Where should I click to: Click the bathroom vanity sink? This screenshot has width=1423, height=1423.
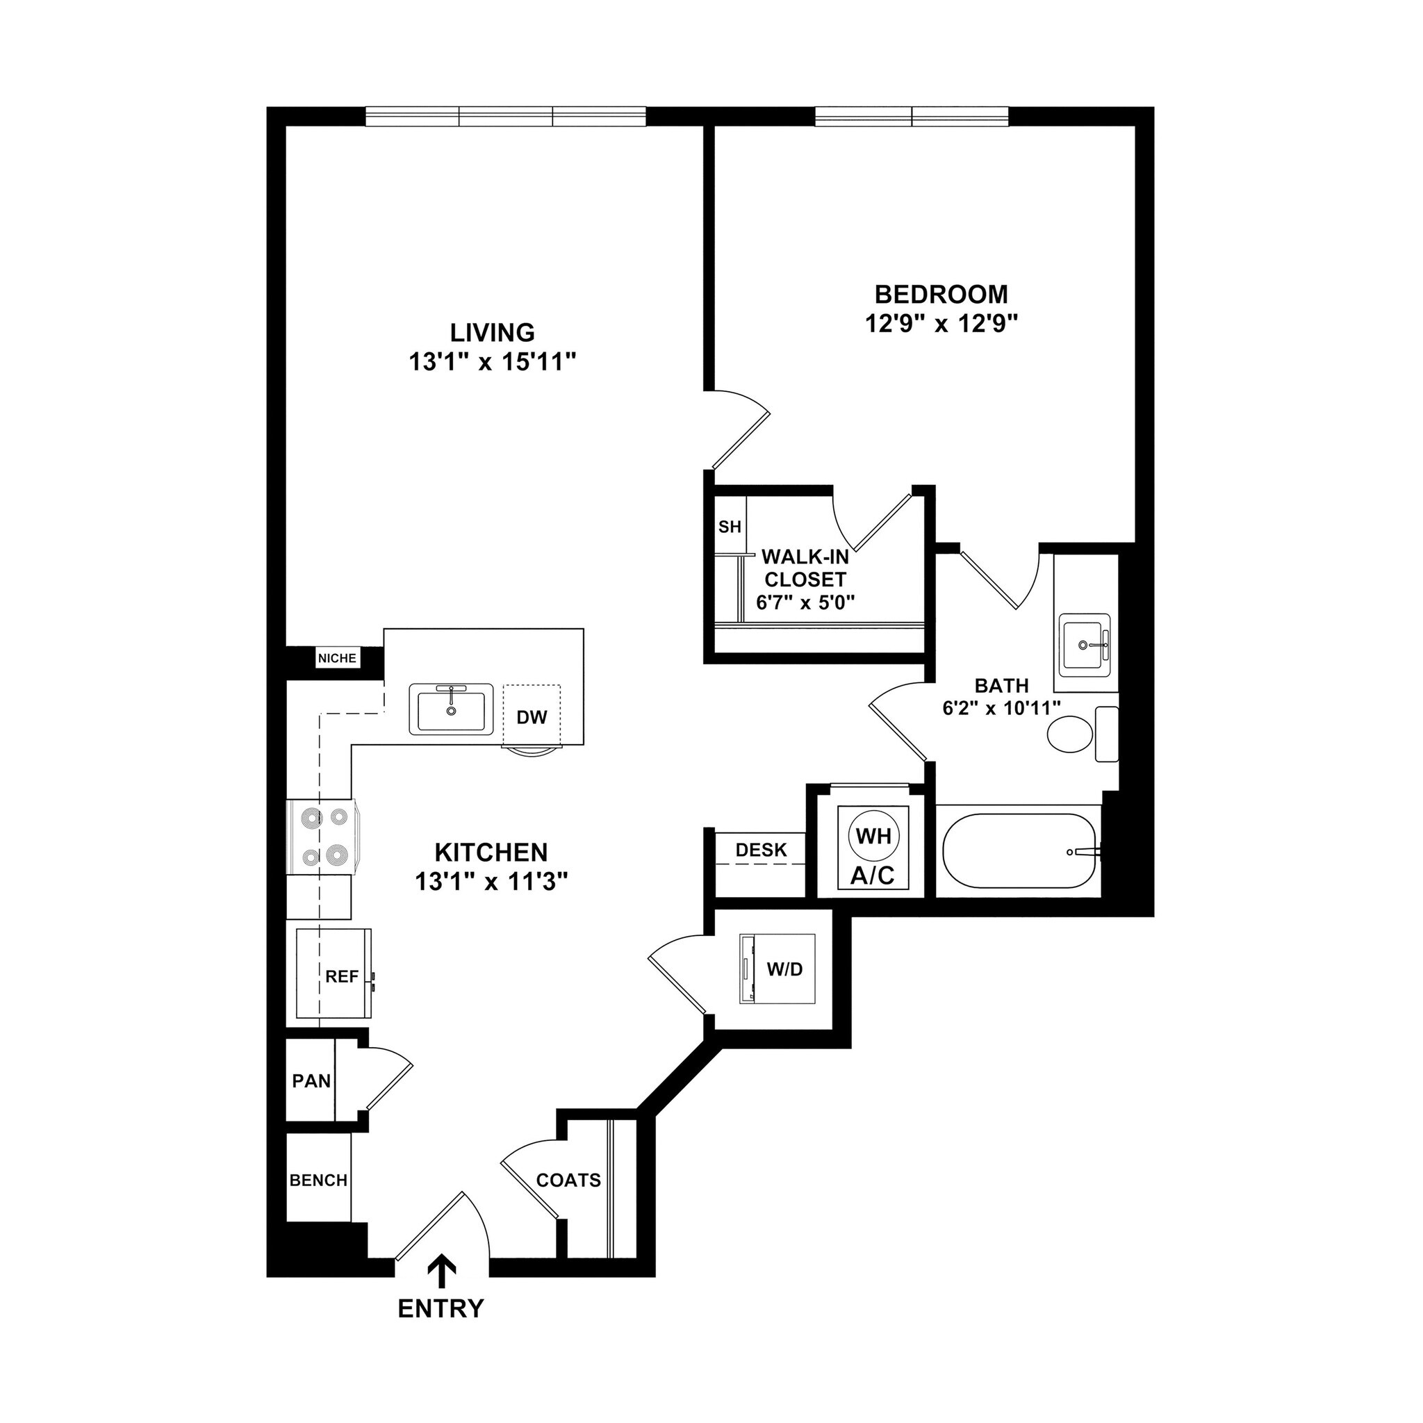pyautogui.click(x=1085, y=645)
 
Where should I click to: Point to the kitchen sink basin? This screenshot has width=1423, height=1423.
pyautogui.click(x=451, y=710)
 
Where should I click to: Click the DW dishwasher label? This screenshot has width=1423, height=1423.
pyautogui.click(x=532, y=716)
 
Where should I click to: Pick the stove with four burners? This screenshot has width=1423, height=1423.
pyautogui.click(x=322, y=837)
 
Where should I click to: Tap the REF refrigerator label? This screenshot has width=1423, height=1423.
pyautogui.click(x=342, y=977)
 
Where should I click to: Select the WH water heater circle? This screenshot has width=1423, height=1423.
pyautogui.click(x=874, y=835)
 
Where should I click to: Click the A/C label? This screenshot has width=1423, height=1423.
pyautogui.click(x=873, y=875)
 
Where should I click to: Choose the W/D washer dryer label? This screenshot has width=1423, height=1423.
pyautogui.click(x=784, y=969)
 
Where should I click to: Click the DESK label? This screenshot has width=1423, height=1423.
pyautogui.click(x=761, y=849)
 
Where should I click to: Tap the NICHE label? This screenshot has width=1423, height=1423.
pyautogui.click(x=337, y=659)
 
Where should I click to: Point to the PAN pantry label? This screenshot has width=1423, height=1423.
pyautogui.click(x=311, y=1080)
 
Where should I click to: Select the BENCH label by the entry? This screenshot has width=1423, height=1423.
pyautogui.click(x=318, y=1180)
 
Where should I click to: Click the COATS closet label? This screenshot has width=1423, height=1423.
pyautogui.click(x=568, y=1180)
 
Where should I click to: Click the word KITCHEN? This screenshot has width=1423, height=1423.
pyautogui.click(x=491, y=852)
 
